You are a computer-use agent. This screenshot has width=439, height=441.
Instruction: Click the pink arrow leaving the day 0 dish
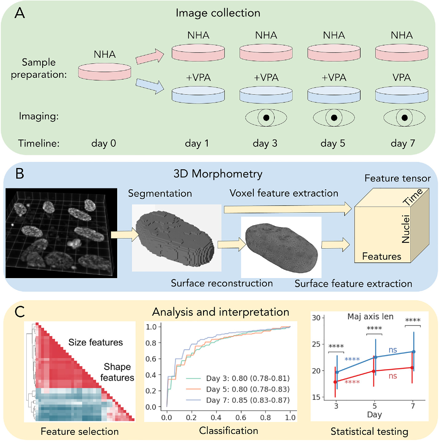[x=150, y=56]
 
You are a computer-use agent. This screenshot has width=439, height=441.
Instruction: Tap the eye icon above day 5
[x=334, y=118]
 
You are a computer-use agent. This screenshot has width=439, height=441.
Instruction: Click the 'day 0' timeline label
[x=104, y=143]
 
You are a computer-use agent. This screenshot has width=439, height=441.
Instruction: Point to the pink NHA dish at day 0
[x=105, y=72]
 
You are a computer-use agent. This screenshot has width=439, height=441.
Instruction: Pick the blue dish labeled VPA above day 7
[x=402, y=95]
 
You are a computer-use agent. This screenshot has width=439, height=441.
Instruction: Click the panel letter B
[x=20, y=174]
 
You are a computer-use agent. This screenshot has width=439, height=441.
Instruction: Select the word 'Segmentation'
[x=160, y=194]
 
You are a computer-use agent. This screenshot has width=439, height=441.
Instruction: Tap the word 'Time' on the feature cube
[x=413, y=197]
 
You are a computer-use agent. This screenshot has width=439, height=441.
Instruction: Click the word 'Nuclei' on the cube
[x=406, y=229]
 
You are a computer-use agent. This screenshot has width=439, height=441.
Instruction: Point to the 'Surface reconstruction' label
[x=222, y=283]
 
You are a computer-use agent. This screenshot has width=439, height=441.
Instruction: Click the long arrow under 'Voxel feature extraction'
[x=288, y=209]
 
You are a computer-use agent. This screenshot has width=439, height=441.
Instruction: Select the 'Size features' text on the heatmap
[x=96, y=342]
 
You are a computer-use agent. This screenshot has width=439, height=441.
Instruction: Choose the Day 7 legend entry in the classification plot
[x=238, y=400]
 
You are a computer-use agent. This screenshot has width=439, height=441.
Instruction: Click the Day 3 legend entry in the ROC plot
[x=238, y=378]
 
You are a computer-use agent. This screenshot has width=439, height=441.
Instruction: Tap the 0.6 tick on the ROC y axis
[x=151, y=359]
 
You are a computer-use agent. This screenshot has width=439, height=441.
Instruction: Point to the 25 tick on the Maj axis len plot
[x=316, y=344]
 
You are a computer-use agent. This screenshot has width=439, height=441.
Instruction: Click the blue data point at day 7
[x=413, y=352]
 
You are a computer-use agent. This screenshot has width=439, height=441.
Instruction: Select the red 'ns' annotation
[x=393, y=376]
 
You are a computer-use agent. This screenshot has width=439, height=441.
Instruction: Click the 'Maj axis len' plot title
[x=370, y=317]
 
